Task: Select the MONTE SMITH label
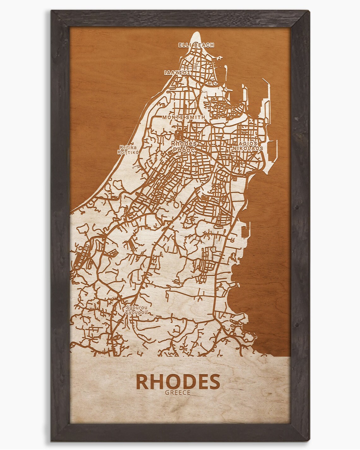(184, 117)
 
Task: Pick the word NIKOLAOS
(249, 148)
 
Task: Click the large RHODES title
(178, 382)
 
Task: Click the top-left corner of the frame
(51, 10)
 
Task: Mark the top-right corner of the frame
(309, 10)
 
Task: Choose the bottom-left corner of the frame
(51, 440)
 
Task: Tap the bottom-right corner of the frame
(309, 440)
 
